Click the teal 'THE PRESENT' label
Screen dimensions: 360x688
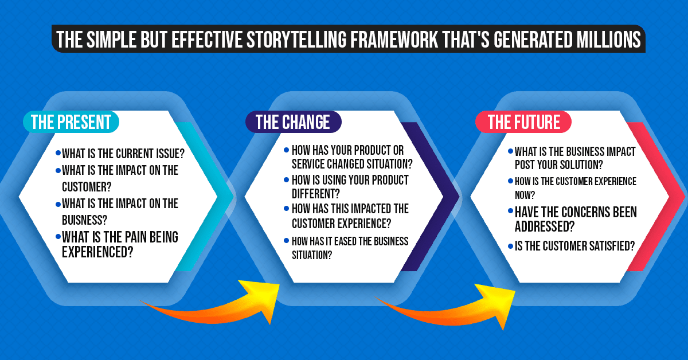71,122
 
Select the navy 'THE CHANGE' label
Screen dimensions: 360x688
292,122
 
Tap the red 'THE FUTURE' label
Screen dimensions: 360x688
524,122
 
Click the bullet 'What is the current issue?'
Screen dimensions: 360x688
126,154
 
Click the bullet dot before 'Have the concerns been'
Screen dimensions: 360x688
510,212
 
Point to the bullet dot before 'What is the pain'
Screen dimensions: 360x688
58,236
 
